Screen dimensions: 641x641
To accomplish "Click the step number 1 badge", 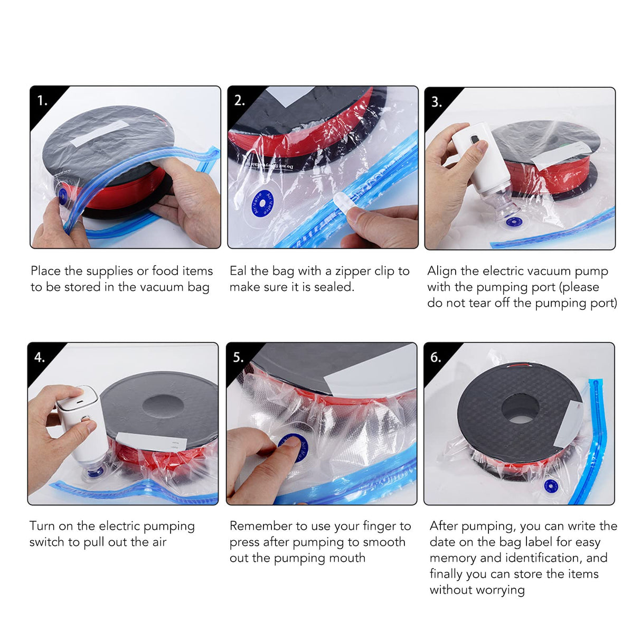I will coord(42,100).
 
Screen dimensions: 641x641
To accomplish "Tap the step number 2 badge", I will coord(239,100).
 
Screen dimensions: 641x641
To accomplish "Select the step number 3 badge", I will coord(436,101).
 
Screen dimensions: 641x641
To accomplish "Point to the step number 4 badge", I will coord(40,357).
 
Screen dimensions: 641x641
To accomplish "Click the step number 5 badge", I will coord(238,357).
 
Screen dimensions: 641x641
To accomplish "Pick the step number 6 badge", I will coord(436,357).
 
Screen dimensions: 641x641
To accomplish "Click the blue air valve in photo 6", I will coord(551,486).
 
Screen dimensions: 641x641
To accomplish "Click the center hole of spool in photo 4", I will coord(163,406).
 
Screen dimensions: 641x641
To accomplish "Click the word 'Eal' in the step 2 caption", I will coord(238,271).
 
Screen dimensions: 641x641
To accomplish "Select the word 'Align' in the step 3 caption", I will coord(442,271).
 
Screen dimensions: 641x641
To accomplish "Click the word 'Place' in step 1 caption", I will coord(45,271).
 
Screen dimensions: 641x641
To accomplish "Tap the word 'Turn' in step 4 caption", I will coord(42,526).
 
